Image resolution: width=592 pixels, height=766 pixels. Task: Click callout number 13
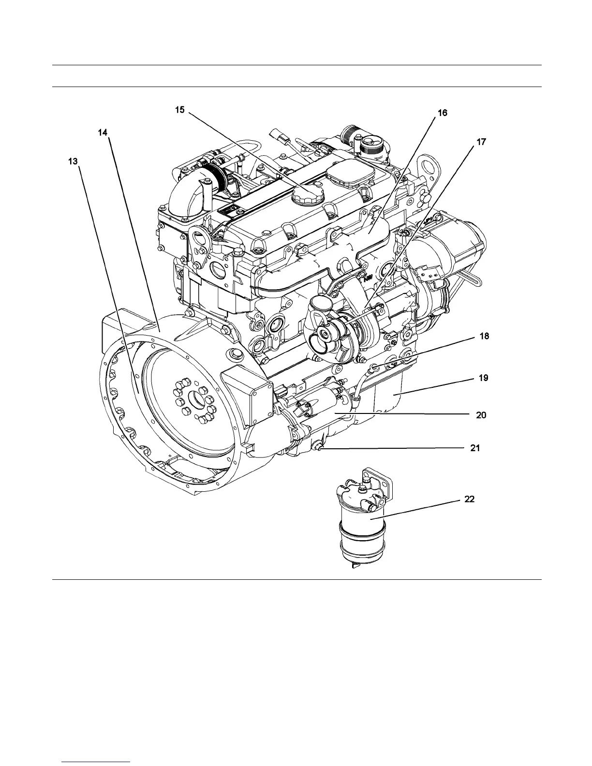tap(72, 162)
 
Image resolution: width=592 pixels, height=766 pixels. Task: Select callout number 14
tap(103, 133)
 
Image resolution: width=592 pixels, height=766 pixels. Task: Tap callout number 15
tap(180, 110)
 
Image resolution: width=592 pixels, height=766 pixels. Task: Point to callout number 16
tap(443, 113)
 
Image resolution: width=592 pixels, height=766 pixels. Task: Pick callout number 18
tap(484, 336)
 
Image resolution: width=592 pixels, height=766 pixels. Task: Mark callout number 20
tap(481, 415)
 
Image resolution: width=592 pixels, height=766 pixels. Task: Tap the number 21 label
tap(475, 448)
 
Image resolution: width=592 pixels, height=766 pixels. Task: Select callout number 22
tap(469, 500)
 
